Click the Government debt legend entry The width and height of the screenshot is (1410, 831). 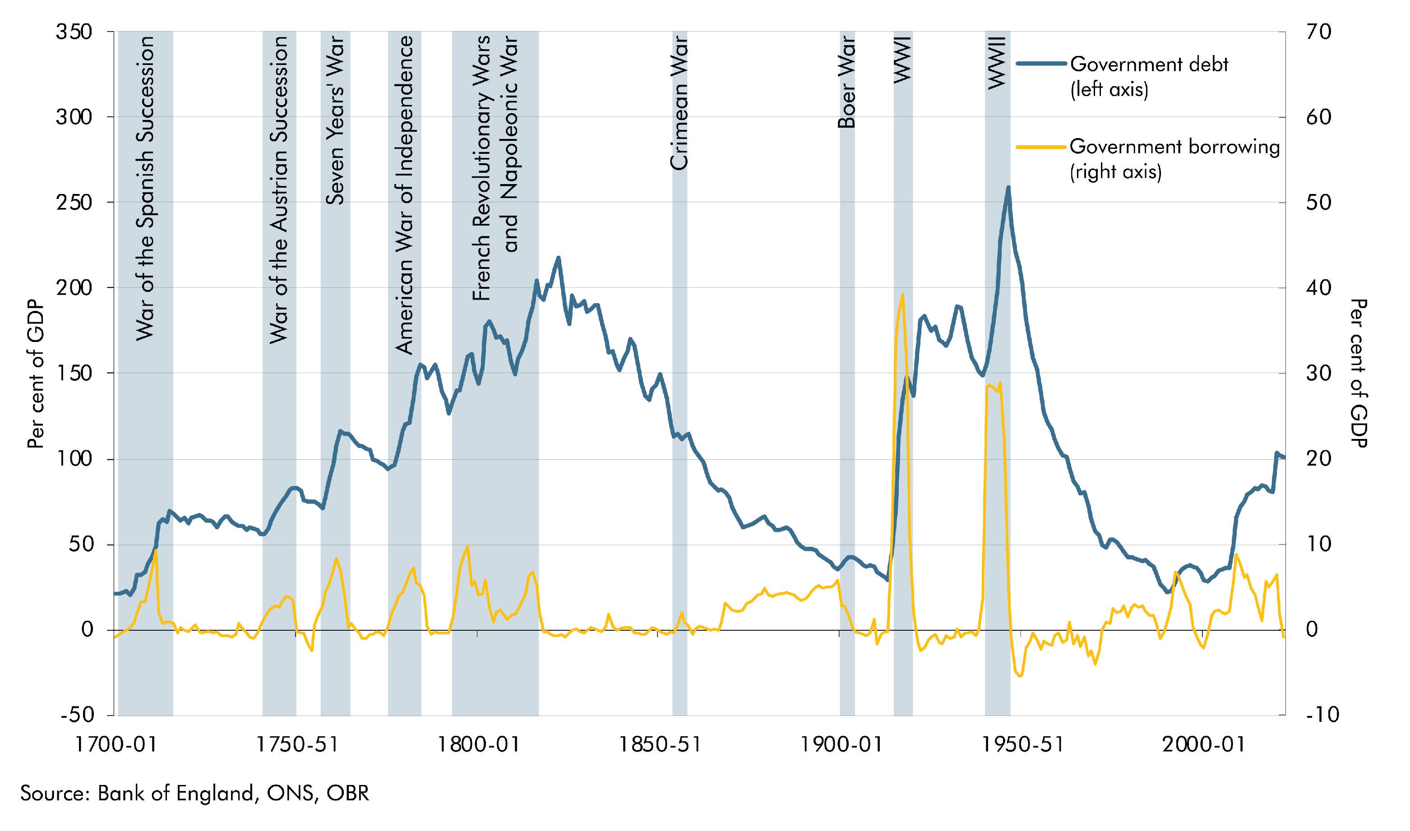tap(1148, 76)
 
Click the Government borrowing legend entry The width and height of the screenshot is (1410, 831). tap(1174, 158)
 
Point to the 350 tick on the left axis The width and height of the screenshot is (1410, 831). tap(74, 32)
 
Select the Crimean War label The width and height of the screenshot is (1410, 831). tap(679, 103)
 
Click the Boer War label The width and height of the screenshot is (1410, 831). tap(846, 82)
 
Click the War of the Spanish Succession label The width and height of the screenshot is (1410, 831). tap(145, 188)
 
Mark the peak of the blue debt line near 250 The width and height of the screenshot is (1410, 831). tap(1008, 187)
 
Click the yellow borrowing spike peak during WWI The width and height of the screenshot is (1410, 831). tap(902, 294)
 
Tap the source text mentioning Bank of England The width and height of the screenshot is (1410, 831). tap(195, 794)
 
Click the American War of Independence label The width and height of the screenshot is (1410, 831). tap(404, 195)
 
